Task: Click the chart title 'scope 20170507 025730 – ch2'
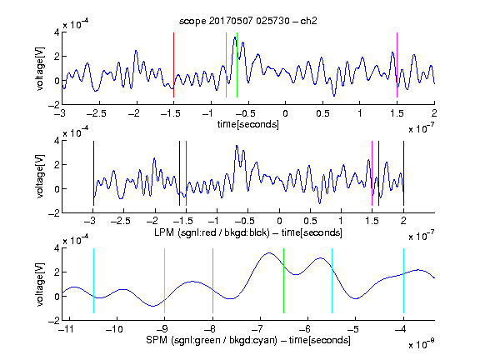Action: [248, 21]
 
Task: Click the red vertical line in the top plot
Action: [174, 65]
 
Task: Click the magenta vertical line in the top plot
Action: [397, 65]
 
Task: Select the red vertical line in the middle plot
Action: [186, 173]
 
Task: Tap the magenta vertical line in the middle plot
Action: [372, 173]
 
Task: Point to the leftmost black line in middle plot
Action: [93, 173]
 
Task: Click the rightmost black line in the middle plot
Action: [404, 173]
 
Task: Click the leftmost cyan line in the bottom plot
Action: [93, 281]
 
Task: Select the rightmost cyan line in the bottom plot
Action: [404, 281]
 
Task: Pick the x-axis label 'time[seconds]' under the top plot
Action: [248, 124]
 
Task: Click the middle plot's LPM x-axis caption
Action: [248, 232]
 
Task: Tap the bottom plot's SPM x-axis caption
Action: [248, 340]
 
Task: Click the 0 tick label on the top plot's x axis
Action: [285, 113]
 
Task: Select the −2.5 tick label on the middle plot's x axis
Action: [120, 221]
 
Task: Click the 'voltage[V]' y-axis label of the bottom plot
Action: [40, 284]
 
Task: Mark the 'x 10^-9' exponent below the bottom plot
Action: [422, 344]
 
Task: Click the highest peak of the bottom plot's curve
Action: [269, 252]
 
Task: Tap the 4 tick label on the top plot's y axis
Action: [57, 32]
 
